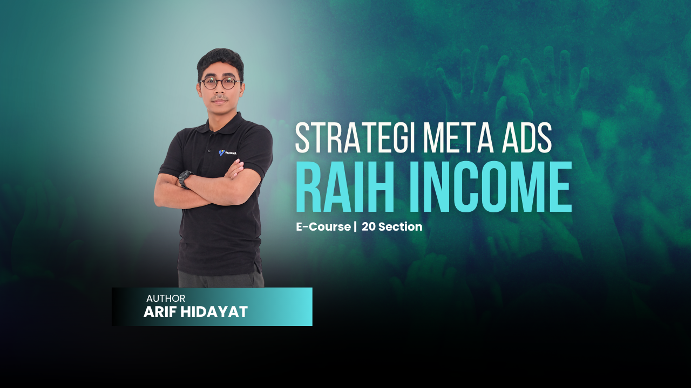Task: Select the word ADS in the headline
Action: tap(527, 138)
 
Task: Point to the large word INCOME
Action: tap(491, 186)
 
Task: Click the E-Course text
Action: tap(323, 227)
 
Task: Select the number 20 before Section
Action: tap(369, 227)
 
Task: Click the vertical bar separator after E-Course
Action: tap(355, 227)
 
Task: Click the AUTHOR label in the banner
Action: tap(166, 299)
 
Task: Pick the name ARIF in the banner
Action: tap(160, 311)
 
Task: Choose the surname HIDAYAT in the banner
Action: tap(214, 311)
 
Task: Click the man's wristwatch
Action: tap(185, 178)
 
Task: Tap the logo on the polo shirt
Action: tap(227, 153)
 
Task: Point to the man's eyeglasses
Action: tap(221, 84)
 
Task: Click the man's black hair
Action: tap(220, 60)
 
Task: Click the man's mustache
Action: tap(220, 98)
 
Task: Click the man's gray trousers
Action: tap(221, 280)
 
